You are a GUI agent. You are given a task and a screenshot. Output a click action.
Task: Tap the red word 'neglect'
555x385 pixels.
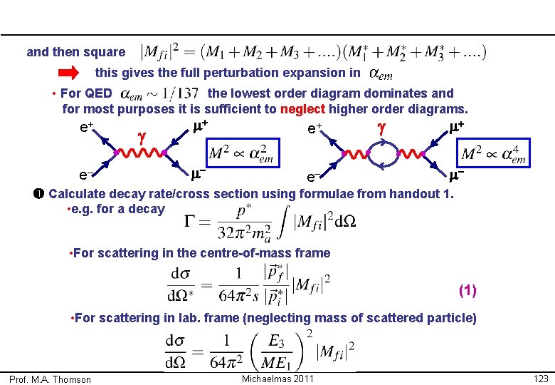(x=303, y=109)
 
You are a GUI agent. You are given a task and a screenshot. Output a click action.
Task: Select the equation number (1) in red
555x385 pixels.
(x=467, y=290)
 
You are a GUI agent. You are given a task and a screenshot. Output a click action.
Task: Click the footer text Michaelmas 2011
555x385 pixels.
(x=277, y=378)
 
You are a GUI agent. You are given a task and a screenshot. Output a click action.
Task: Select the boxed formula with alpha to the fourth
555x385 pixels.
(x=494, y=155)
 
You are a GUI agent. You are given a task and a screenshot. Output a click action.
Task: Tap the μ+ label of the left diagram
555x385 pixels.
(x=200, y=127)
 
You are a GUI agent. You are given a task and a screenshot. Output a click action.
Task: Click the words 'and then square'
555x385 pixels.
(x=75, y=52)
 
